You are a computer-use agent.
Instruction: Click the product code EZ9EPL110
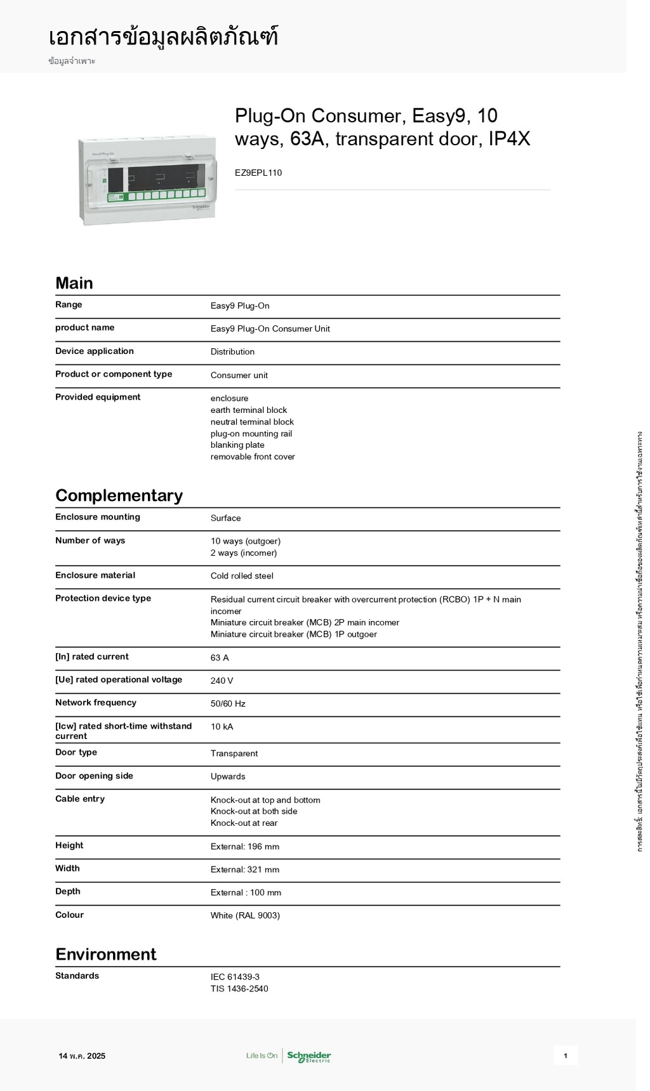click(x=258, y=173)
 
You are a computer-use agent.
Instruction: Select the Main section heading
click(x=74, y=283)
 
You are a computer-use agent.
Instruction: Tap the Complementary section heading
click(x=119, y=495)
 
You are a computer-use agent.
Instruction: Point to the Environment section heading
click(x=105, y=955)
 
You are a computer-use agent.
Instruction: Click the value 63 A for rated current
click(x=220, y=658)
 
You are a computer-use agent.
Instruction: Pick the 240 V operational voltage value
click(x=222, y=681)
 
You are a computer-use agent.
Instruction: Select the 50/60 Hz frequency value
click(x=228, y=703)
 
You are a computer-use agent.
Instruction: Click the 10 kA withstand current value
click(x=222, y=727)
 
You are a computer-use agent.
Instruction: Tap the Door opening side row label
click(x=94, y=776)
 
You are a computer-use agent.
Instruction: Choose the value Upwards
click(x=228, y=776)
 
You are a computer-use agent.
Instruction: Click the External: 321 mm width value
click(x=245, y=870)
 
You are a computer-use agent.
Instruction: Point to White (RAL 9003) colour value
click(x=245, y=915)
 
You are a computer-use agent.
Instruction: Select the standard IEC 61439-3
click(x=235, y=977)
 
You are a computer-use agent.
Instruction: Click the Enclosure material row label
click(x=95, y=575)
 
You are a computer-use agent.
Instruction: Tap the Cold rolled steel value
click(x=242, y=576)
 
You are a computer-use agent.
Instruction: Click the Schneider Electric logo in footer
click(x=308, y=1056)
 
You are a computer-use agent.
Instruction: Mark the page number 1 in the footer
click(x=565, y=1056)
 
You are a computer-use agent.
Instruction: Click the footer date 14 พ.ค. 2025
click(x=82, y=1056)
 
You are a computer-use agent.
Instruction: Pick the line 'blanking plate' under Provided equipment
click(x=237, y=445)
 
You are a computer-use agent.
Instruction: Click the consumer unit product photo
click(x=147, y=180)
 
